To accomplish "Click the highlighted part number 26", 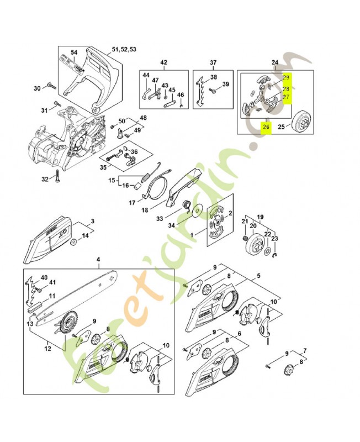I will tap(266, 127).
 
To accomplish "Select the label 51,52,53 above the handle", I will tap(124, 50).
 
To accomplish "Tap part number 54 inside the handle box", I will tap(74, 52).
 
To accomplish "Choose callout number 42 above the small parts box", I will tap(163, 62).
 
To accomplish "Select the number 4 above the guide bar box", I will tap(98, 260).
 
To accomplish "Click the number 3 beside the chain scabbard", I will tap(92, 221).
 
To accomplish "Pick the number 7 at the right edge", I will tap(306, 351).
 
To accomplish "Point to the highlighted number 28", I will tap(285, 88).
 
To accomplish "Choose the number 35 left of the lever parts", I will tap(103, 167).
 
